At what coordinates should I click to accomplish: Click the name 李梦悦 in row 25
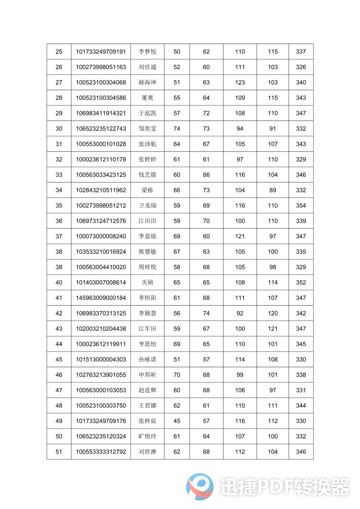click(147, 52)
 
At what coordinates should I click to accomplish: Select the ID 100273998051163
click(101, 67)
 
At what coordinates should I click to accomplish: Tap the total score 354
click(301, 206)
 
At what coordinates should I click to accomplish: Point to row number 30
click(59, 129)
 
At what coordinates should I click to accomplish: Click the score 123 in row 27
click(240, 83)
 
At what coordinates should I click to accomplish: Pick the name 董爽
click(147, 98)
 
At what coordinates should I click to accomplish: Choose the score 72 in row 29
click(206, 113)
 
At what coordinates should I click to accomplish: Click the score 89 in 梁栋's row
click(273, 190)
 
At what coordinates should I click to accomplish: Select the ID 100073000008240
click(101, 236)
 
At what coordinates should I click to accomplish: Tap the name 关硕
click(147, 283)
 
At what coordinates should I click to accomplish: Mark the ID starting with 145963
click(101, 298)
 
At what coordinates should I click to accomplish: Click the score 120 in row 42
click(273, 313)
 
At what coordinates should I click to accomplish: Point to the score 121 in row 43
click(273, 329)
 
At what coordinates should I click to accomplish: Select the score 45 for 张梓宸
click(177, 421)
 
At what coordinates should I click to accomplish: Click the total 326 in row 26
click(301, 67)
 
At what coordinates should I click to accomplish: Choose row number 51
click(59, 452)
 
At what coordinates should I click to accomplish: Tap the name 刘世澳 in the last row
click(147, 452)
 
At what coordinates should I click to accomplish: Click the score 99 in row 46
click(240, 375)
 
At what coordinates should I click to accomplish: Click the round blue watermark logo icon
click(200, 487)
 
